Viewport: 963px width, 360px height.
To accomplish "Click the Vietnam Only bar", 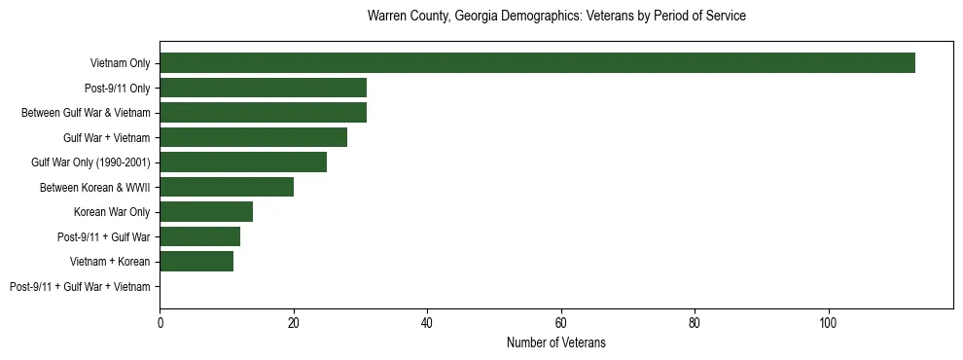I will (x=537, y=63).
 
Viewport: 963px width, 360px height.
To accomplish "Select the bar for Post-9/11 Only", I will (x=263, y=88).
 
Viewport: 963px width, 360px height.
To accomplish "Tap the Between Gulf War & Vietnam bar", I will (x=263, y=113).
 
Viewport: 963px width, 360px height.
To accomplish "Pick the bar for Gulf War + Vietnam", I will (x=253, y=137).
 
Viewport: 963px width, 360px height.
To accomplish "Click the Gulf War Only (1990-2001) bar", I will (x=243, y=162).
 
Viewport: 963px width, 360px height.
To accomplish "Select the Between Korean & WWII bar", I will (x=227, y=187).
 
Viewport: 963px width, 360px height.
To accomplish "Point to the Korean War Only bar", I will (x=206, y=212).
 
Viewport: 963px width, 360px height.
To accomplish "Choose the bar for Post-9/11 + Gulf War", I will (x=199, y=236).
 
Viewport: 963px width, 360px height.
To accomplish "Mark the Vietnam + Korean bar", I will (x=196, y=262).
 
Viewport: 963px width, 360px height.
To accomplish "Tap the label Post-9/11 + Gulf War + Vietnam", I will (x=80, y=287).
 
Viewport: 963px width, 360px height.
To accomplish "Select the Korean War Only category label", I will (x=112, y=212).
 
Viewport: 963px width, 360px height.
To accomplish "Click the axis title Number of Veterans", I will (x=555, y=342).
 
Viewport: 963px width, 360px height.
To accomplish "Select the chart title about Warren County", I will (x=556, y=17).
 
